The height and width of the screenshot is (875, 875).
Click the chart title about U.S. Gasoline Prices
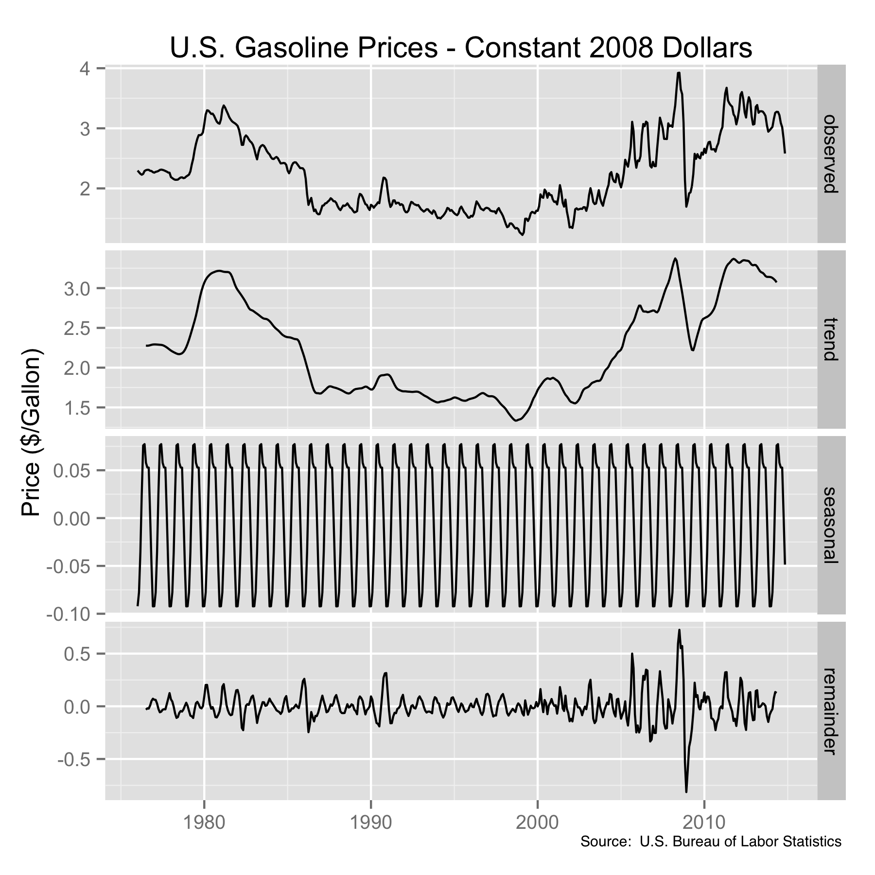click(x=461, y=48)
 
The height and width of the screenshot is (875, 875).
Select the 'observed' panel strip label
click(x=831, y=154)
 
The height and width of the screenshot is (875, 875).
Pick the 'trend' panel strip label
click(x=831, y=339)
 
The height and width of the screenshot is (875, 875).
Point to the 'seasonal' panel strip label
click(x=831, y=525)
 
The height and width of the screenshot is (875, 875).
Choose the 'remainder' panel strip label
click(x=831, y=710)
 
